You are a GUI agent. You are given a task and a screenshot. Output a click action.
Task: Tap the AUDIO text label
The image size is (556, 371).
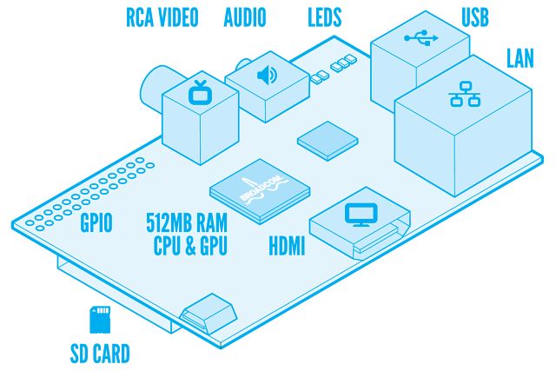click(245, 17)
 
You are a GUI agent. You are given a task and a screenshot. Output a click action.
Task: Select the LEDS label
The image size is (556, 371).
click(325, 17)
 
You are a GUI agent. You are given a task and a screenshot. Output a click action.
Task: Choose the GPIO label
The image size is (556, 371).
click(96, 224)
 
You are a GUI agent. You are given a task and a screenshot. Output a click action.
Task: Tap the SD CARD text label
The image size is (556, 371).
click(100, 353)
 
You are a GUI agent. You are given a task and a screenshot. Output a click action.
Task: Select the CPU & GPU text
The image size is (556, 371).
click(187, 247)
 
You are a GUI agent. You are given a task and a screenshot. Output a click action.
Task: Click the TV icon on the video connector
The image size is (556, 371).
click(201, 90)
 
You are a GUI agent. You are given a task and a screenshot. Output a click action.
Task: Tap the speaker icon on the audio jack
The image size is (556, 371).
click(264, 75)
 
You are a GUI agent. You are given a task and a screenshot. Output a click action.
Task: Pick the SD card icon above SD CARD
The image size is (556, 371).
click(99, 319)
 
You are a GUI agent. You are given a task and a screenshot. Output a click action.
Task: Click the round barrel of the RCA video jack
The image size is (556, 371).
click(156, 87)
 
